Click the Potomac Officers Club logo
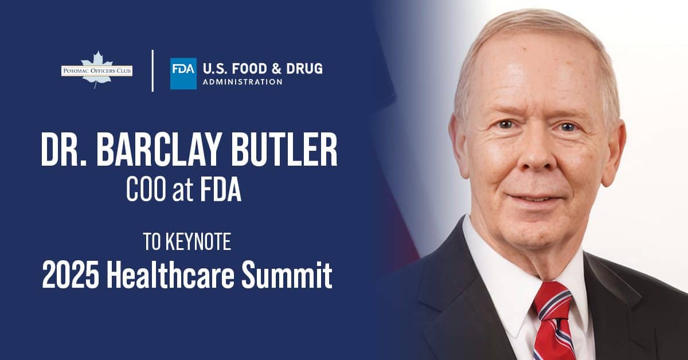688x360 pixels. (96, 71)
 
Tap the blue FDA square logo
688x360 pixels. (183, 73)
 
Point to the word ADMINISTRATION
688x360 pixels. (241, 82)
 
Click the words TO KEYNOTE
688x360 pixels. (187, 242)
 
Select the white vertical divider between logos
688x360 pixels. (153, 71)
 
